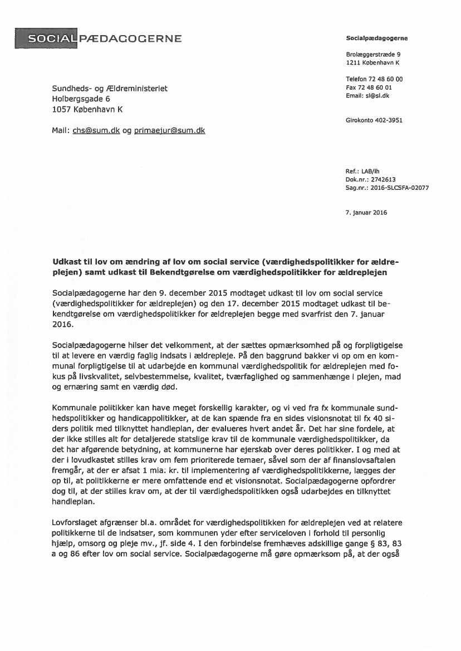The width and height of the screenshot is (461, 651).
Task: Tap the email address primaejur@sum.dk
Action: [170, 131]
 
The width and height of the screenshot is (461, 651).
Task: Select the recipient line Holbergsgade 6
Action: [81, 99]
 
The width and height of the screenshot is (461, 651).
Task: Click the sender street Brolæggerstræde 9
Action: [373, 55]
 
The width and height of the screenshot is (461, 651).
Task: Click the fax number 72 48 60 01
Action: [377, 87]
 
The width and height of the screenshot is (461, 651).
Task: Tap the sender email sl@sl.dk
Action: [377, 96]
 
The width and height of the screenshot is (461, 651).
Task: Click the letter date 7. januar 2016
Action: [367, 212]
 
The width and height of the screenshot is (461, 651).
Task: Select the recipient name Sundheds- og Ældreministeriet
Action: [109, 89]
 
